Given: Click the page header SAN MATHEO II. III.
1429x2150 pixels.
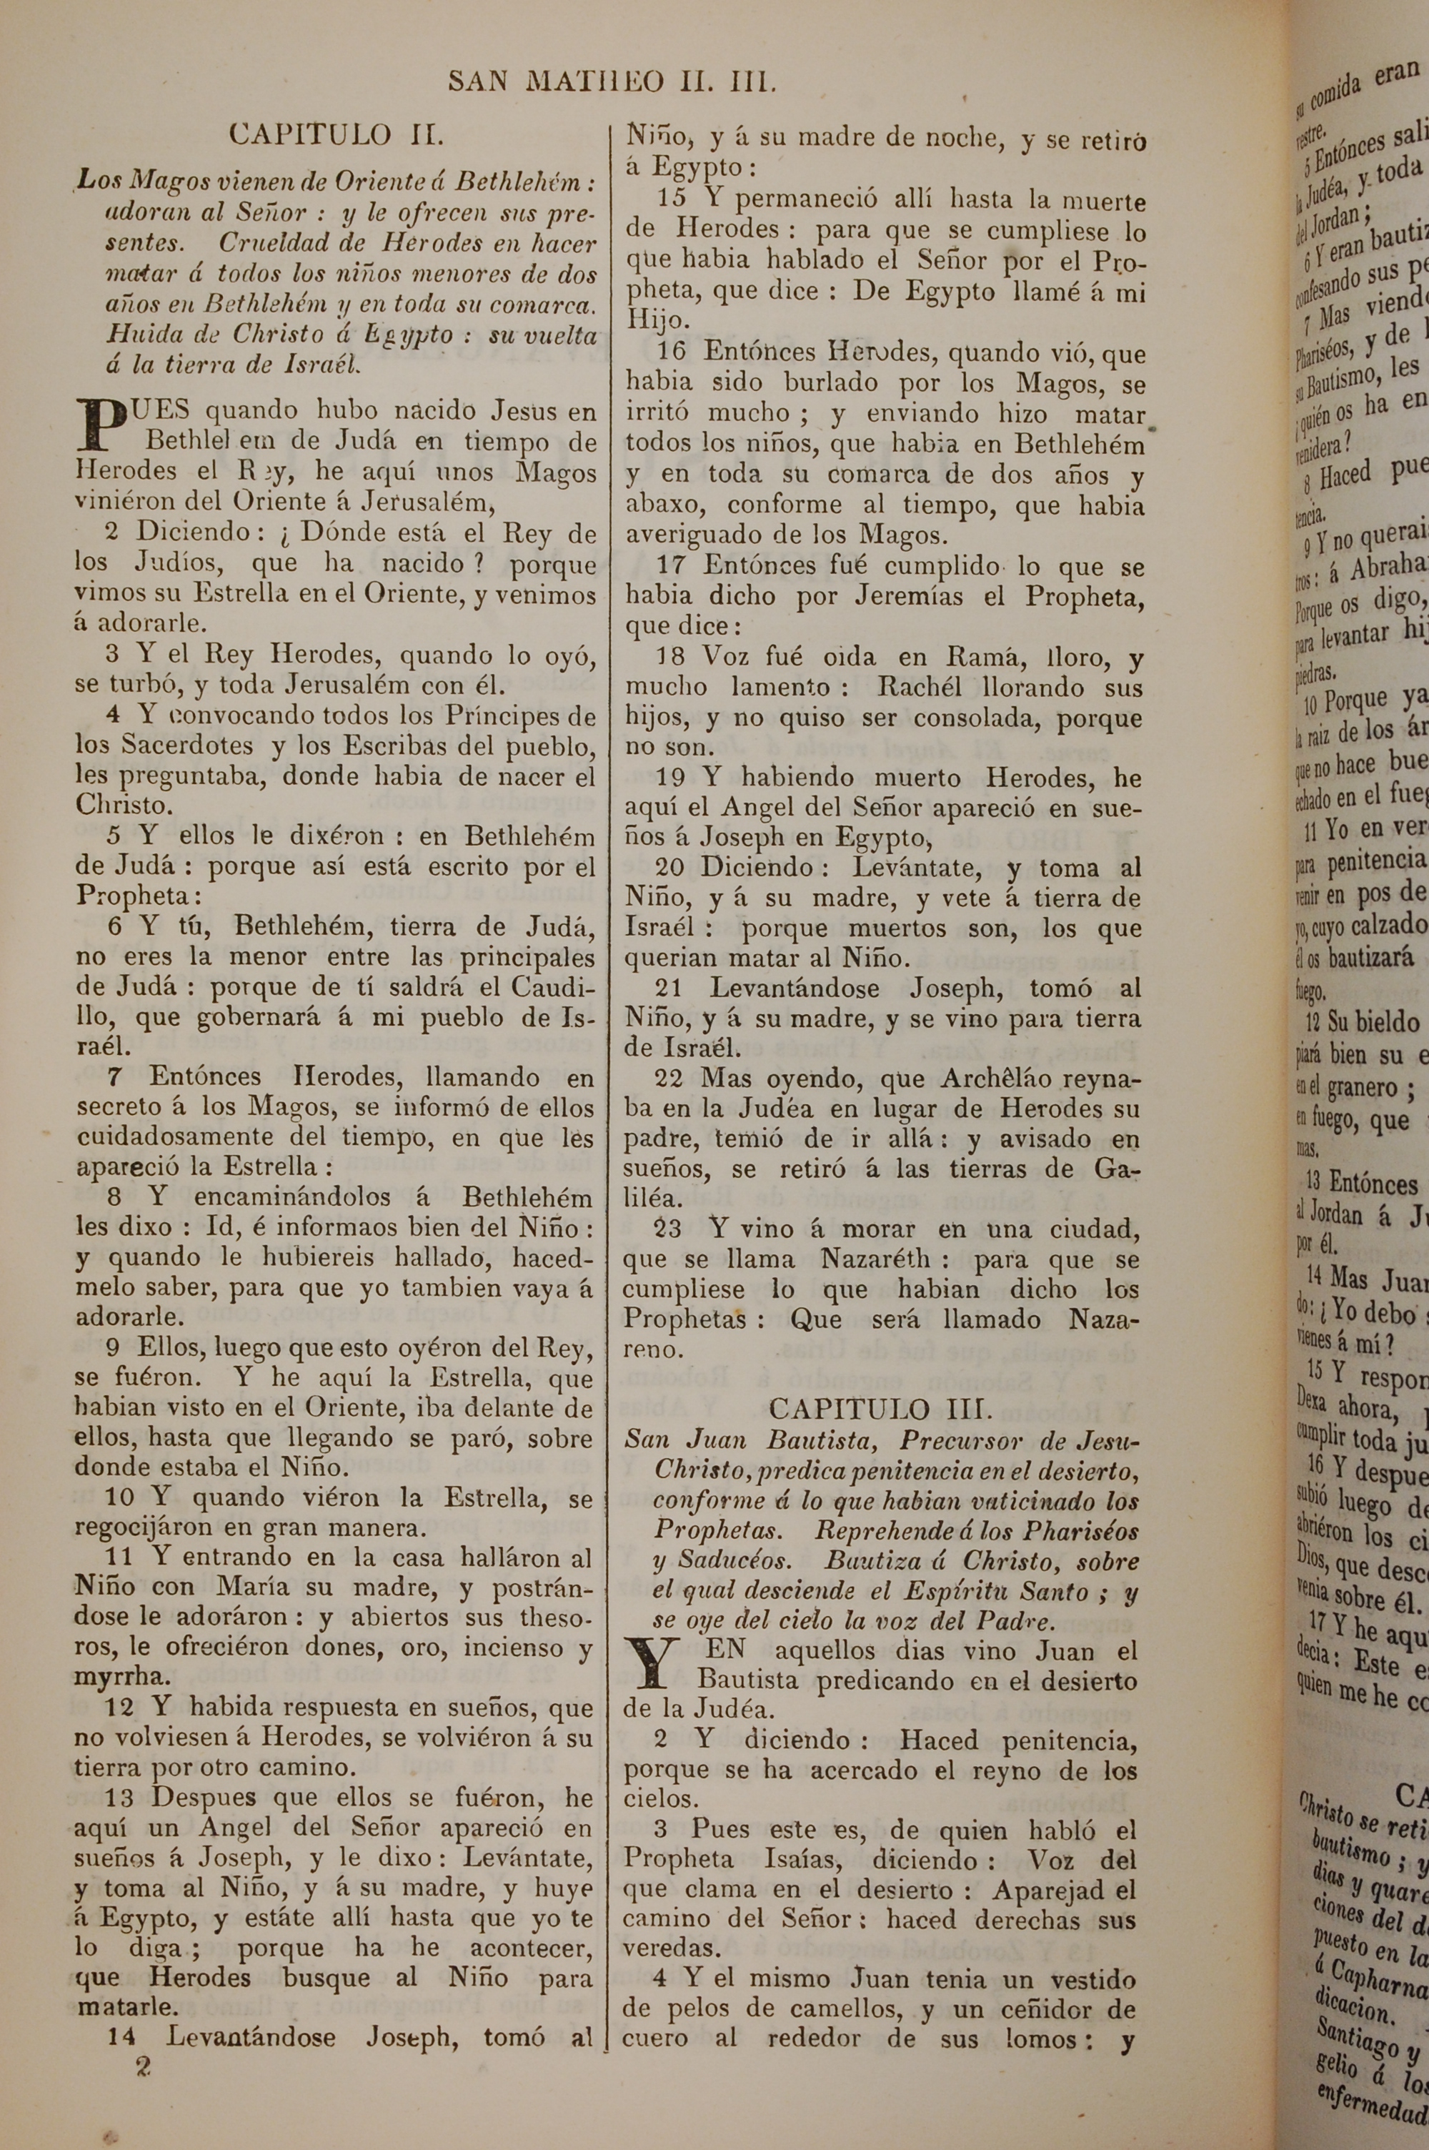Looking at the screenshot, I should coord(612,83).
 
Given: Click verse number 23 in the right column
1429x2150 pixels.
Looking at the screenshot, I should coord(668,1229).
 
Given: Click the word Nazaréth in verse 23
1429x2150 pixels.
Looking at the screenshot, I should coord(875,1259).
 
